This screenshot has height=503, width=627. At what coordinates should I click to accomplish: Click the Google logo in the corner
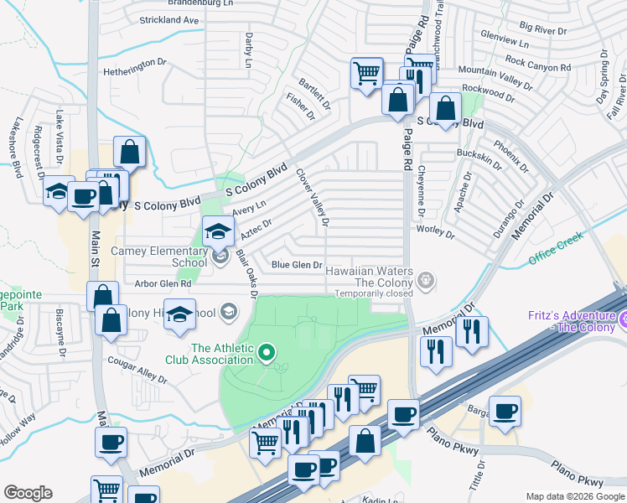click(x=28, y=493)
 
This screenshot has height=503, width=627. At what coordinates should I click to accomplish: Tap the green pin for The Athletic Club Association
click(x=267, y=353)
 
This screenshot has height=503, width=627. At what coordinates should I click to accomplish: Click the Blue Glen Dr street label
click(x=297, y=265)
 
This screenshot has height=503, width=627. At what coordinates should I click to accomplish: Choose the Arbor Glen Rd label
click(x=165, y=285)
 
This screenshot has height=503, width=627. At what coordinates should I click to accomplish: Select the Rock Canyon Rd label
click(x=537, y=64)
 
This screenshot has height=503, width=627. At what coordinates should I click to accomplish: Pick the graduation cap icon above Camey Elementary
click(x=218, y=230)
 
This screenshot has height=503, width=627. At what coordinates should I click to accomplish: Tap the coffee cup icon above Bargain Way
click(x=505, y=411)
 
